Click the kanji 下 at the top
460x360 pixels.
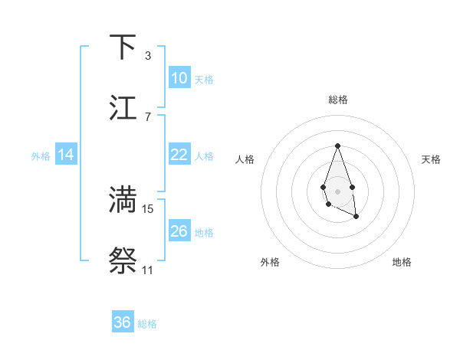tap(123, 47)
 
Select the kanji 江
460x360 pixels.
tap(123, 107)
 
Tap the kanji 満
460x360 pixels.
tap(123, 199)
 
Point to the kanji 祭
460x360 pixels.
tap(123, 260)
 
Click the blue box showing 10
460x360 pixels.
tap(179, 78)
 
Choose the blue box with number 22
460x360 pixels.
tap(179, 155)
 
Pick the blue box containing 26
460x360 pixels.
tap(179, 231)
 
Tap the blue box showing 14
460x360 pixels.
tap(66, 155)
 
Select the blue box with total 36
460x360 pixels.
tap(123, 322)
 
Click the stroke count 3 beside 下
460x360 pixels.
tap(147, 55)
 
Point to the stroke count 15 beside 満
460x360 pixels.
tap(148, 208)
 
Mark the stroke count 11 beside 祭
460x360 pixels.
tap(147, 270)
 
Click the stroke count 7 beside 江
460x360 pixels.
tap(147, 116)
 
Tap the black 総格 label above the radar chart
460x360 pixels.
tap(337, 100)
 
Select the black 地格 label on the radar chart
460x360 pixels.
tap(402, 262)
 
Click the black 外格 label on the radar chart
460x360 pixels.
tap(270, 262)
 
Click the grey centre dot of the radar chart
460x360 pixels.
tap(337, 190)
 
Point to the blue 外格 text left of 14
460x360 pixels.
tap(41, 155)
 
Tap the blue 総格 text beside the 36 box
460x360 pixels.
tap(147, 324)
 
